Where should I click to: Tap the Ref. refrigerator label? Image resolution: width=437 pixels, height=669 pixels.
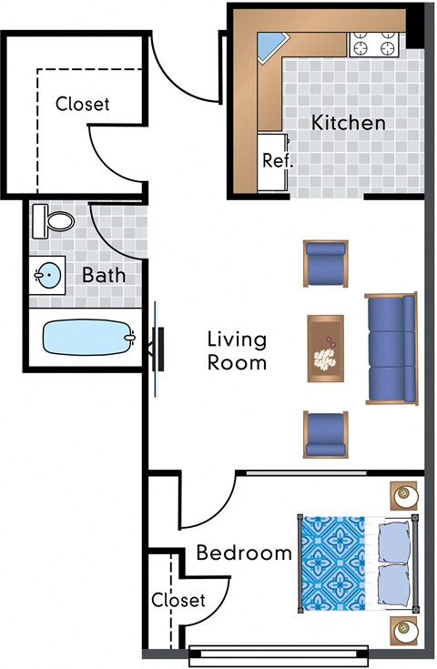point(275,161)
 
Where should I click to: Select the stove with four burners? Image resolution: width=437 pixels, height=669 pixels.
point(375,45)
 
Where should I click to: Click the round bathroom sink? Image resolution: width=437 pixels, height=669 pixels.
point(46,273)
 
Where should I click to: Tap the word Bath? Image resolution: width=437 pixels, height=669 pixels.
point(104,274)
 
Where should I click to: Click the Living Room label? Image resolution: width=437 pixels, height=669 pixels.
point(237,350)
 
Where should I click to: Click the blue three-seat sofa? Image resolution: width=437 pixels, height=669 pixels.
point(390,349)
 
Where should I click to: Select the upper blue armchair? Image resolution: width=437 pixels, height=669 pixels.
point(325,263)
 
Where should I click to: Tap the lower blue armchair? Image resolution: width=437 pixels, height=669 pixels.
point(325,435)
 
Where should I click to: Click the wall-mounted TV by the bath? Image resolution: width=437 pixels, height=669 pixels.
point(157,349)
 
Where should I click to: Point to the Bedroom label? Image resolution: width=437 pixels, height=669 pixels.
point(244,552)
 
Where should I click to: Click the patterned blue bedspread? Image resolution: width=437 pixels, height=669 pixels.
point(331,562)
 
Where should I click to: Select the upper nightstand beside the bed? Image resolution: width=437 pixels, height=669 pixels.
point(405,496)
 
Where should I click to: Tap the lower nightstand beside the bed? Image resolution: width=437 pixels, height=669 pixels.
point(405,630)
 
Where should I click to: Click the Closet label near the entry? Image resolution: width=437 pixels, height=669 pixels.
point(82,104)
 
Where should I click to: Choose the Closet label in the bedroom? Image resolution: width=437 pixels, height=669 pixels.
point(178,600)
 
